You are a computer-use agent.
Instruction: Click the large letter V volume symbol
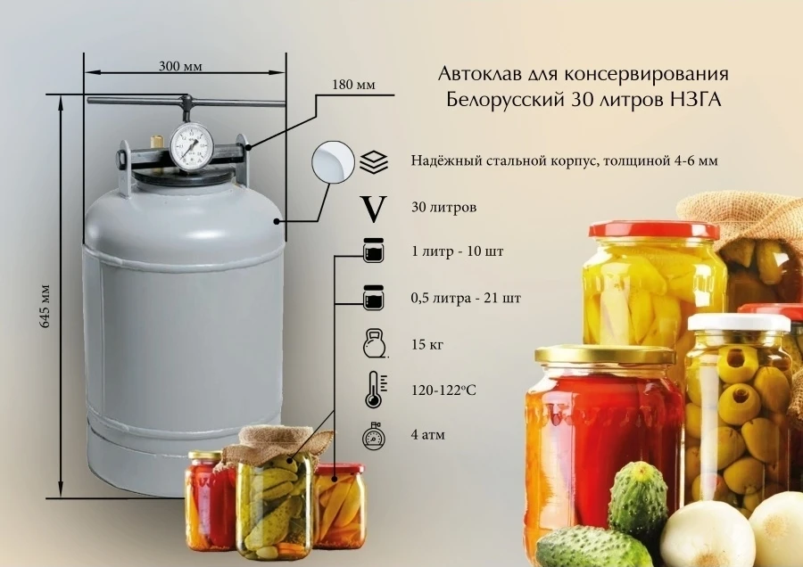375,208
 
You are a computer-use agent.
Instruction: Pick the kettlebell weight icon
374,343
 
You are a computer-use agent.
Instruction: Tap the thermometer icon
374,390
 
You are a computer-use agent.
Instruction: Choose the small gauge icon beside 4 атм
374,437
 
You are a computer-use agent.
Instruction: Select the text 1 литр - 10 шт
457,251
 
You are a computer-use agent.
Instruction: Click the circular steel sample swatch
331,162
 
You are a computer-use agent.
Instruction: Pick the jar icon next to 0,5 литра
374,296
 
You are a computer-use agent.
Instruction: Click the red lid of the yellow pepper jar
653,230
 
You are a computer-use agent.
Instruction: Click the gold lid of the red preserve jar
606,355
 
